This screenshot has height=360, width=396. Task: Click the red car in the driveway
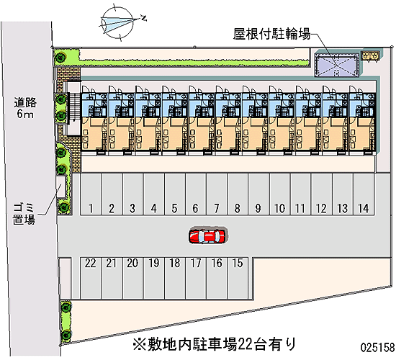[207, 236]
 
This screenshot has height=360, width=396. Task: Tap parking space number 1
[91, 194]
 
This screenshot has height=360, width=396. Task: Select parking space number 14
[364, 194]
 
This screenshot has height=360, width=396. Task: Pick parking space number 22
[91, 278]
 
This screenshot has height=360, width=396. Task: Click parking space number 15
[238, 278]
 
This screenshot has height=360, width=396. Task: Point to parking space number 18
[175, 278]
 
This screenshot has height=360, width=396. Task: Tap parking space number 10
[279, 194]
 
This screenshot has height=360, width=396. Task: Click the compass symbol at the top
[117, 23]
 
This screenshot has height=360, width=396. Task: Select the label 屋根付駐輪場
[271, 34]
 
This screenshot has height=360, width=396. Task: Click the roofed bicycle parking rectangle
[337, 66]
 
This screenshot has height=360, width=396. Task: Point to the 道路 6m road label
[25, 108]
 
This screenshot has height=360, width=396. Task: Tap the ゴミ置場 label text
[24, 215]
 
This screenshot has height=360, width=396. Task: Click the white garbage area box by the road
[60, 187]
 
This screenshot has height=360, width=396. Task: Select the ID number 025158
[377, 347]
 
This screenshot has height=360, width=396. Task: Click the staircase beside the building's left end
[74, 108]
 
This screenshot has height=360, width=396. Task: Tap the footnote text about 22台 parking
[214, 344]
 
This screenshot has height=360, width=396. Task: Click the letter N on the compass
[144, 18]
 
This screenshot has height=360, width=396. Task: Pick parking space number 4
[154, 194]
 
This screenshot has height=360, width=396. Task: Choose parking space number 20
[133, 278]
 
